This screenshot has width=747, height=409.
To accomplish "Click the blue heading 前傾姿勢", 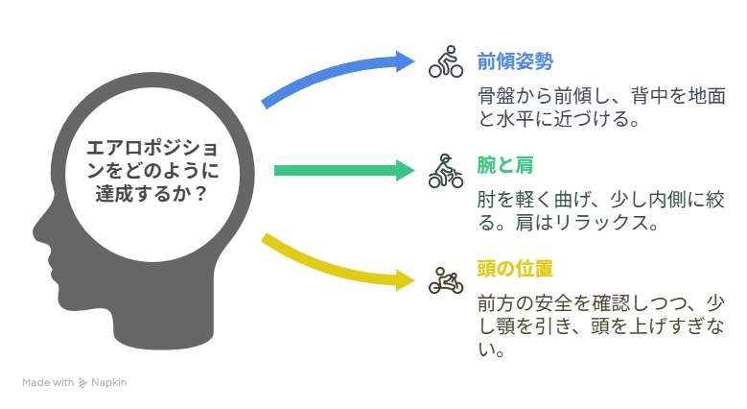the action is [515, 61].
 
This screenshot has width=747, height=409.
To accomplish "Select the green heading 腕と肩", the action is [505, 165].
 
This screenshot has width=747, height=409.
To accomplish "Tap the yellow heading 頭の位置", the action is [515, 269].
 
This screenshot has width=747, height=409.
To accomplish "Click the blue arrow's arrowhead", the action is [405, 61].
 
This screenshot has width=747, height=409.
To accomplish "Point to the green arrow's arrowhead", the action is [406, 171].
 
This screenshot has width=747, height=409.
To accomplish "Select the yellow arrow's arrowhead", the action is [406, 280].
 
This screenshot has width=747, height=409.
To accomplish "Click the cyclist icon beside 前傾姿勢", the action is [446, 61].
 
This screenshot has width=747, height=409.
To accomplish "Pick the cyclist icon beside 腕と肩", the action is [446, 171].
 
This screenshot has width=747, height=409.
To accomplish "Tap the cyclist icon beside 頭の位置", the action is [446, 280].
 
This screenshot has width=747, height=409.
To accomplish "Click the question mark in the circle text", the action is [201, 193].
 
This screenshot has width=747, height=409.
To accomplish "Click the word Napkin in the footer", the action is [108, 382].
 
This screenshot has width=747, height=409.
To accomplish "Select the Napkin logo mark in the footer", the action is [82, 383].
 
